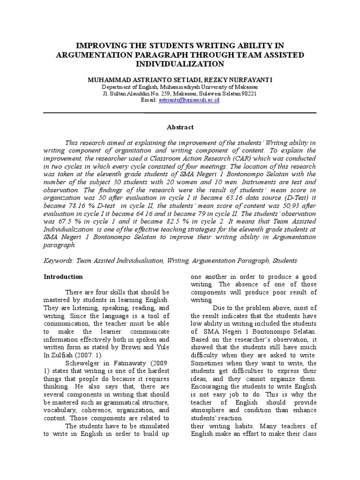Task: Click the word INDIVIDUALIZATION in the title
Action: (x=180, y=64)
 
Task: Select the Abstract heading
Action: (x=180, y=127)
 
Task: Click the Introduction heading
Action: (x=63, y=277)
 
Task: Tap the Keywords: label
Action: (x=58, y=261)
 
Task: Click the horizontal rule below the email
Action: (x=180, y=113)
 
